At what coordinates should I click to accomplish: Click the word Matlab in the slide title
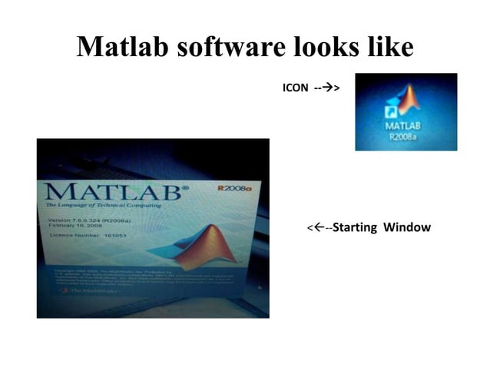tap(123, 48)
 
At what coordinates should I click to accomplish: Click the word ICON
tap(296, 88)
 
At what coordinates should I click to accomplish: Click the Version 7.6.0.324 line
tap(87, 220)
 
